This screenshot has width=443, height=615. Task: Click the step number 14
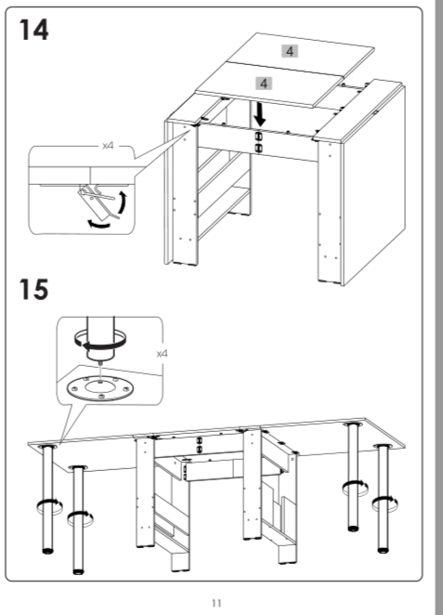pyautogui.click(x=33, y=30)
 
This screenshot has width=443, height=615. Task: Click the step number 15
pyautogui.click(x=33, y=290)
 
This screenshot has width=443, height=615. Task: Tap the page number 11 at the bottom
pyautogui.click(x=216, y=603)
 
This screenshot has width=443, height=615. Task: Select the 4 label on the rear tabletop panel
pyautogui.click(x=290, y=51)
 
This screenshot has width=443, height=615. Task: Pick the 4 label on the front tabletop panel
pyautogui.click(x=264, y=84)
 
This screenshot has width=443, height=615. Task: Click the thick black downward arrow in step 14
pyautogui.click(x=259, y=115)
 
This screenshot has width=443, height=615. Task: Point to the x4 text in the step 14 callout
pyautogui.click(x=108, y=146)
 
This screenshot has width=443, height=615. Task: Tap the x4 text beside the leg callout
pyautogui.click(x=162, y=354)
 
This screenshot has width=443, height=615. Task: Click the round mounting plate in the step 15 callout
pyautogui.click(x=100, y=388)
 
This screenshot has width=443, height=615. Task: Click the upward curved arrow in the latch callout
pyautogui.click(x=124, y=203)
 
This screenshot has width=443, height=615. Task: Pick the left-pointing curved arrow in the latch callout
pyautogui.click(x=98, y=224)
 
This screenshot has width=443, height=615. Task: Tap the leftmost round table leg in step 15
pyautogui.click(x=48, y=499)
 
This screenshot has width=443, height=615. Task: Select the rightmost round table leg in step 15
pyautogui.click(x=383, y=498)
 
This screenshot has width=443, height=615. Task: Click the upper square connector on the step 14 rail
pyautogui.click(x=258, y=136)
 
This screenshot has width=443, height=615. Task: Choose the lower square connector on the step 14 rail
pyautogui.click(x=258, y=148)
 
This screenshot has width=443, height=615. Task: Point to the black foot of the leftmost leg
pyautogui.click(x=47, y=551)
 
